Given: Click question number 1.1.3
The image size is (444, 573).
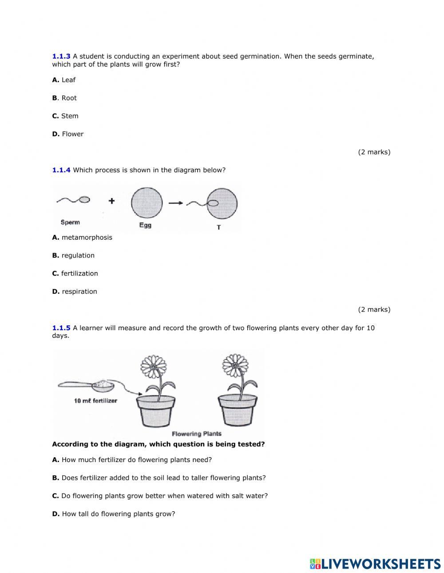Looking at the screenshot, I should [x=61, y=56].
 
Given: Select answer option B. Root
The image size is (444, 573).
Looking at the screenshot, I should [x=64, y=98].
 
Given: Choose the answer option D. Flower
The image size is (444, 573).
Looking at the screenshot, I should [x=67, y=134].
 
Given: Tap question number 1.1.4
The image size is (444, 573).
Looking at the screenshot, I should [x=61, y=170].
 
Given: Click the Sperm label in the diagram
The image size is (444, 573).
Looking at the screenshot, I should [x=70, y=222].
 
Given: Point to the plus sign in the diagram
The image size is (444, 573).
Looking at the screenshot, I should [x=111, y=201].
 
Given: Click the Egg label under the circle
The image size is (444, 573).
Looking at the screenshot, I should [x=145, y=225].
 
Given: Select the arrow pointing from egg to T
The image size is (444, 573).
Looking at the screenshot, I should [x=176, y=203].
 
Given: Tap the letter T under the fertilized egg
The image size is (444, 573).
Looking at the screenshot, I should [x=218, y=227].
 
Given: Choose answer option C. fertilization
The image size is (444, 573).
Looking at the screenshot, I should [x=75, y=273].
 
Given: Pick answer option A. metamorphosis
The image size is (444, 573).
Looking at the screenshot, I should [x=82, y=237].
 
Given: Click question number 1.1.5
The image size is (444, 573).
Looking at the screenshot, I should [x=61, y=328].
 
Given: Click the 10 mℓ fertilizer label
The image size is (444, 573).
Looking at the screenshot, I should [x=95, y=401].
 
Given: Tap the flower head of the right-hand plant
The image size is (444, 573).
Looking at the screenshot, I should [x=234, y=365].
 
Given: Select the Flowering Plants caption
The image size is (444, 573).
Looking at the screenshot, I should [x=196, y=434].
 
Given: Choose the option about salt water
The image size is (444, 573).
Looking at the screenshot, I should [x=160, y=496].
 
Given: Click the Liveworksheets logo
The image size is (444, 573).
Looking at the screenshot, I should [x=375, y=564].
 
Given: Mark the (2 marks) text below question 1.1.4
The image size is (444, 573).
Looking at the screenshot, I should [x=374, y=309].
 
